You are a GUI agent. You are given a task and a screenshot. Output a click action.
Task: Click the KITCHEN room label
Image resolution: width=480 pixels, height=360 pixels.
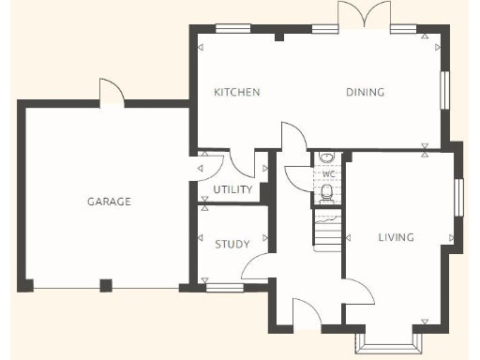pos(236,92)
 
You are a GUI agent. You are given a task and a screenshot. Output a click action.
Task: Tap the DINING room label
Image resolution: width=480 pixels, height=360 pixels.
pos(366,92)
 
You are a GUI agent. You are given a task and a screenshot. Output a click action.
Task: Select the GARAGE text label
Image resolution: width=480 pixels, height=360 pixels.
pos(109,202)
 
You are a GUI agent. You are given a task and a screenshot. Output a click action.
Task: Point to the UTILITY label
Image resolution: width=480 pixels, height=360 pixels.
pos(232,190)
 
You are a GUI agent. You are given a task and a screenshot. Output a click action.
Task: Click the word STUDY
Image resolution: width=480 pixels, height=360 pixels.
pos(232,245)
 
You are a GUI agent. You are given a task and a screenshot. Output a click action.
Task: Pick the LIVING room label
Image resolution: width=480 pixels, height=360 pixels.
pos(396,237)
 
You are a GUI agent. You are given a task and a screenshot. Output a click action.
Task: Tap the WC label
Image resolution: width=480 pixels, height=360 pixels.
pos(328,174)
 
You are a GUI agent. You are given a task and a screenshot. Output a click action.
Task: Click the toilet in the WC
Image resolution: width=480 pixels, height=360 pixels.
pos(326,193)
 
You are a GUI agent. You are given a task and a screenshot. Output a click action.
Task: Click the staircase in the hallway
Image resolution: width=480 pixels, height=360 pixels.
pos(327,232)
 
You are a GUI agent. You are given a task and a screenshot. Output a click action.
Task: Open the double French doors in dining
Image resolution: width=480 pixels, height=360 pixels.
pos(364,16)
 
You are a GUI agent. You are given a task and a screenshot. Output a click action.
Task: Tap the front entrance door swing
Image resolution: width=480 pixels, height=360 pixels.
pos(307,314)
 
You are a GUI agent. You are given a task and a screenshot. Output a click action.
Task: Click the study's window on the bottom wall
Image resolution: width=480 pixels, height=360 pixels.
pos(225,288)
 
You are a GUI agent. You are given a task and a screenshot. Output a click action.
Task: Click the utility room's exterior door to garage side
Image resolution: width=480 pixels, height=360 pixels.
pos(207,166)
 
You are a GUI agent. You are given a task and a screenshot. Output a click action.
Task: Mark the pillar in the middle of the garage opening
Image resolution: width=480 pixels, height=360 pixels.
pos(106,285)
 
